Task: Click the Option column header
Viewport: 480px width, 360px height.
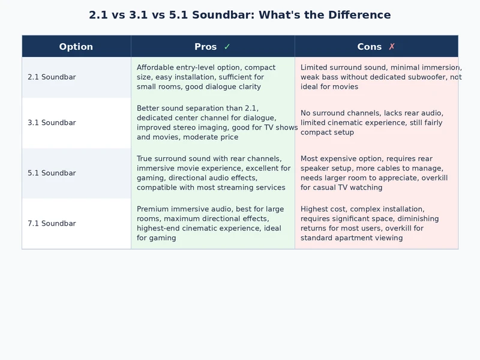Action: [x=76, y=47]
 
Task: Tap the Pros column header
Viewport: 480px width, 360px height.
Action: [x=206, y=47]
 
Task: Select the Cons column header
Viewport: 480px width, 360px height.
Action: [x=369, y=47]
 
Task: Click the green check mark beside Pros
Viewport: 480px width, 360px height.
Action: [x=227, y=47]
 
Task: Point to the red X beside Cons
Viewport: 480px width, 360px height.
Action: [x=392, y=47]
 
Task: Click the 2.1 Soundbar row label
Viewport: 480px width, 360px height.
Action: [x=52, y=77]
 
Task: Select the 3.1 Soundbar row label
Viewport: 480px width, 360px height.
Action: [x=52, y=123]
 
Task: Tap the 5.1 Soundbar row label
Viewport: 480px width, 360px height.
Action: [x=52, y=173]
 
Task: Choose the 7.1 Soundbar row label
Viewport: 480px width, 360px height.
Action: [x=52, y=224]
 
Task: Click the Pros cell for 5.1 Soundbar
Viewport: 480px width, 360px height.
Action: [x=213, y=173]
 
